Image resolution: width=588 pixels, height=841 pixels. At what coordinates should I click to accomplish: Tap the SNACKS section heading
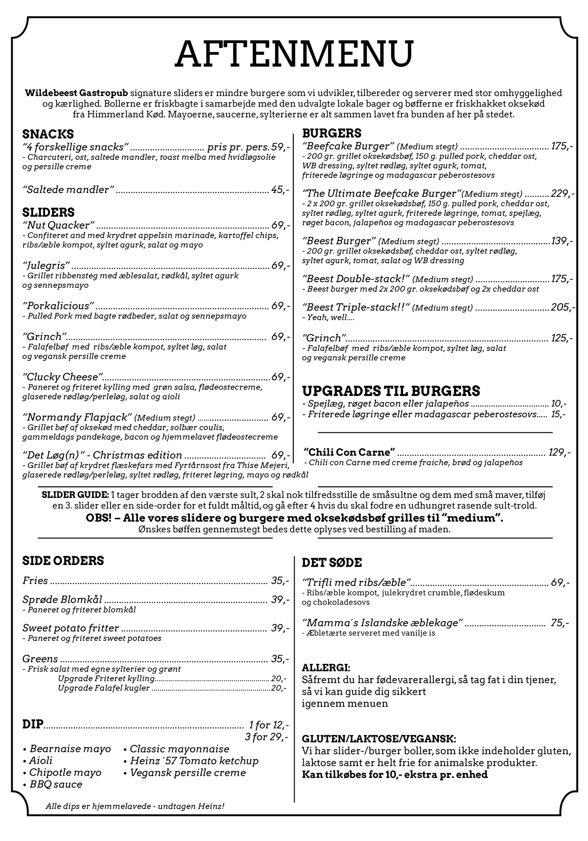pos(48,134)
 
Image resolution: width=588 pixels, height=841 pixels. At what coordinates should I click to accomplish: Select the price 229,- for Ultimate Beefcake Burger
pos(562,193)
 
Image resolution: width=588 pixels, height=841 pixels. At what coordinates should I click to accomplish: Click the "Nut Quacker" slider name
pos(58,225)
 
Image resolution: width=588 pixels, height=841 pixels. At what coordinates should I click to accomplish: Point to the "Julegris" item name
pos(46,265)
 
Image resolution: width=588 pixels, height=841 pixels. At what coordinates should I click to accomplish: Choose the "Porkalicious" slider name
pos(58,306)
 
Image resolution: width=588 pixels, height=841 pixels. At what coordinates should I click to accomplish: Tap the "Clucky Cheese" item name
pos(62,377)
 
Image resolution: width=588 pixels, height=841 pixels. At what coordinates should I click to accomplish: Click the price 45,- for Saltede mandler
pos(280,190)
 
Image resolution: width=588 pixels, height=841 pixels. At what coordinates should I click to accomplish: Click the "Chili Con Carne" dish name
pos(350,452)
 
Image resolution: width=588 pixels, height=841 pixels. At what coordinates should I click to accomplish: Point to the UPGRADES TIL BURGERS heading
pos(391,391)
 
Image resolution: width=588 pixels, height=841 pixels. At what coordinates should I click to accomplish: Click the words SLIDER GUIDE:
pos(75,495)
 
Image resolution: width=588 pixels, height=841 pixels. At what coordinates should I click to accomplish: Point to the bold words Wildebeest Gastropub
pos(76,93)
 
